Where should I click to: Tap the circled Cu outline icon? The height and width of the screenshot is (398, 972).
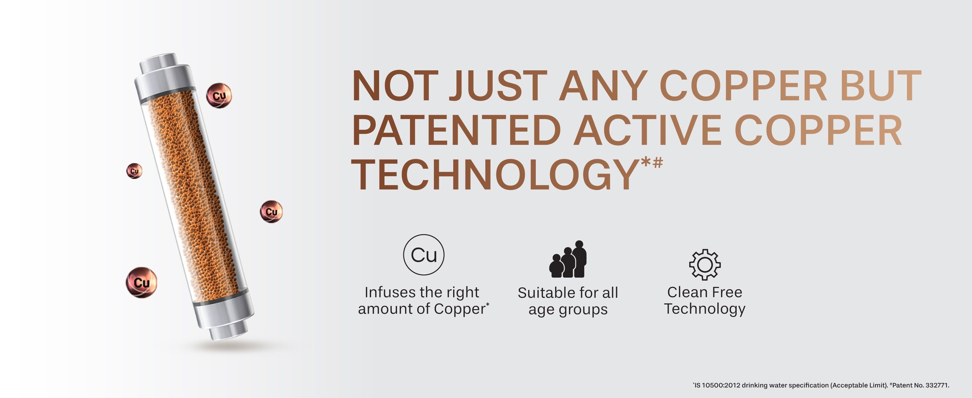[x=424, y=255]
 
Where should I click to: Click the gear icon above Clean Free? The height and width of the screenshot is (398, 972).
[x=704, y=265]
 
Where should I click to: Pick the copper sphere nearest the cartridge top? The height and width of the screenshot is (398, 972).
[x=219, y=96]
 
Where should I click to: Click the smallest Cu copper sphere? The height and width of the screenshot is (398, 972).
[x=134, y=171]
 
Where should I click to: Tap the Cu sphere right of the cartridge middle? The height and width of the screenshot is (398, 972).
[x=271, y=212]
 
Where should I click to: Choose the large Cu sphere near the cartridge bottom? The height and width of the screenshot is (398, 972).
[x=141, y=282]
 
